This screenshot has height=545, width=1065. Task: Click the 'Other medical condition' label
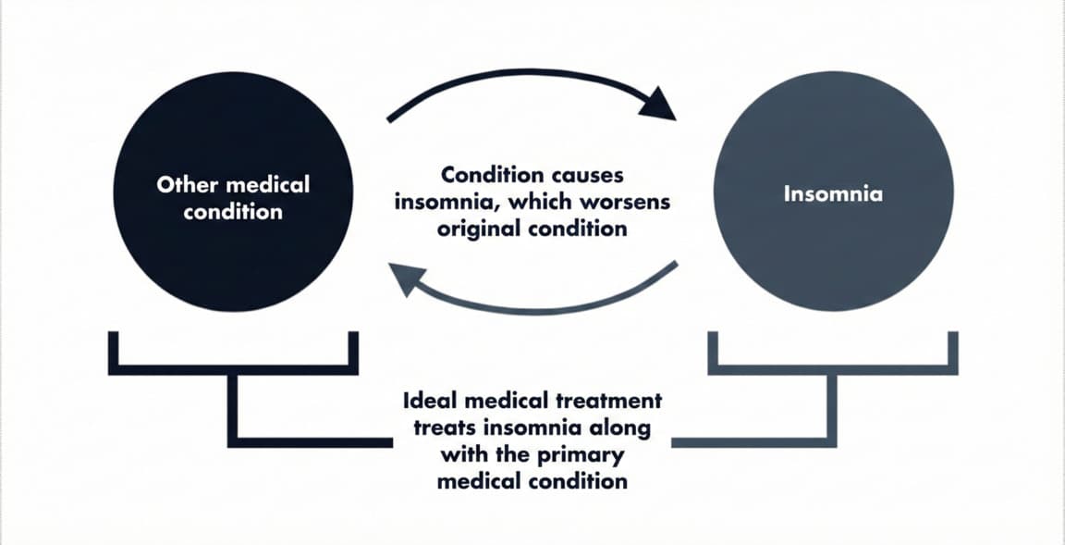[233, 197]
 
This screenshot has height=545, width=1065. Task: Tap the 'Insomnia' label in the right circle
[832, 194]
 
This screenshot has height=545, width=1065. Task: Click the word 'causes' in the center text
[582, 175]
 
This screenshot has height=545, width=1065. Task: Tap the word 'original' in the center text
[478, 228]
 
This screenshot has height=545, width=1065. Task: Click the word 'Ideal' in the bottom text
[432, 402]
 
